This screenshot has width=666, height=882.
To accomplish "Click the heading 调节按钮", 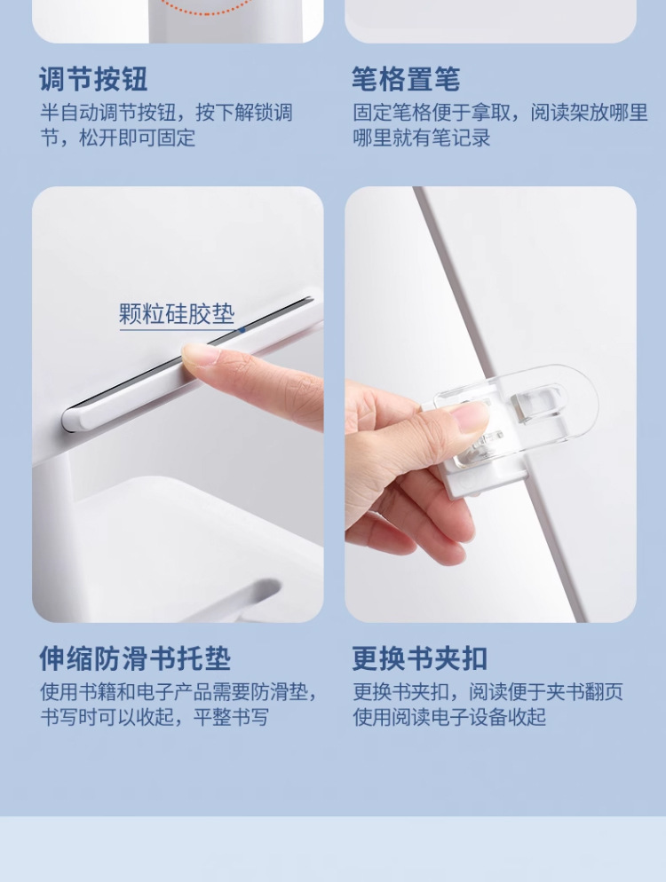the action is (93, 79).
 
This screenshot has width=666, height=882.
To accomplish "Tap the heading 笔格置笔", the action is (407, 79).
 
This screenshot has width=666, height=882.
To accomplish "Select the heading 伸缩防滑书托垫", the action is (135, 658).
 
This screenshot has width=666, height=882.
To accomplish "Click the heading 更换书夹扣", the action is (420, 658).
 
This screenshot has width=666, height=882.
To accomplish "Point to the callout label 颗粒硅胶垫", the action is (177, 313).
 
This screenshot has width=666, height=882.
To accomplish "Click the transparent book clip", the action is (515, 413).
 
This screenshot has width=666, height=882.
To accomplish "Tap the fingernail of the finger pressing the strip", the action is (198, 356).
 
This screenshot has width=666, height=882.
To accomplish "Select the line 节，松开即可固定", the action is (118, 138).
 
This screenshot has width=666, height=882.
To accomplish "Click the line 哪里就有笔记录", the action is (422, 138).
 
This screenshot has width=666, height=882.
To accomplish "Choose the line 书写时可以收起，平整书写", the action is (155, 717).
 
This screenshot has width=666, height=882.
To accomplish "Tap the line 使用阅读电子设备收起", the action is (449, 717).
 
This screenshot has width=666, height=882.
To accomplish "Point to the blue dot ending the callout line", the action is (242, 330).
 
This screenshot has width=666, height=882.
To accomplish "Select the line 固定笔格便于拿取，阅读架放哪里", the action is (501, 113).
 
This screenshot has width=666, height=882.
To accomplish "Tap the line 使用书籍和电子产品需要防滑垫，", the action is (179, 692).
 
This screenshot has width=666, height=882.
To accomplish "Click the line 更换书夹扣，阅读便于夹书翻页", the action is (488, 692).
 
